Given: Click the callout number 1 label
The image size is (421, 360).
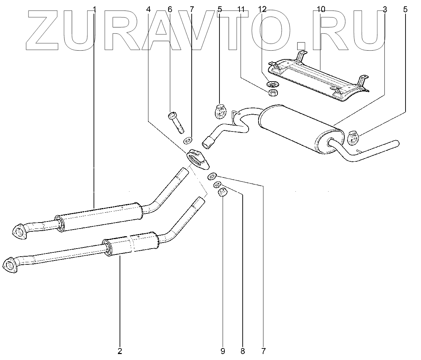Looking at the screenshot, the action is point(94,9).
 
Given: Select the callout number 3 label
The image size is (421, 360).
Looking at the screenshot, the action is point(384,9).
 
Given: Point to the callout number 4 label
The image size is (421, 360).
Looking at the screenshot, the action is point(148,9).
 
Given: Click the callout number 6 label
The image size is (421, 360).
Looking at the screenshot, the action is point(170,9).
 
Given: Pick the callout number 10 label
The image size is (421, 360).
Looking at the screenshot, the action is point(321,9).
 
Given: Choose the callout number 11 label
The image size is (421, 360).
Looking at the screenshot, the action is point(241,9).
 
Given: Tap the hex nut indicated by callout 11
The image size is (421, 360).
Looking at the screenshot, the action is point(273,93).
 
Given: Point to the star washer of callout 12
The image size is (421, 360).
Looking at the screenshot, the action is point(273,84).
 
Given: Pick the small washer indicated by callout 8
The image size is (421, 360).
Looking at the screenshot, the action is point(218,184).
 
